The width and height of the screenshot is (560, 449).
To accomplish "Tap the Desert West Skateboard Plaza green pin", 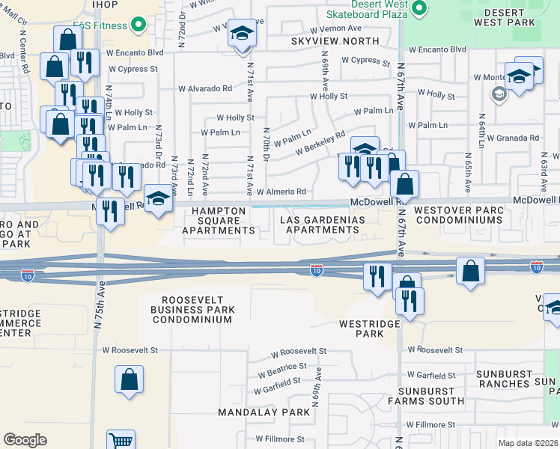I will coord(420,8).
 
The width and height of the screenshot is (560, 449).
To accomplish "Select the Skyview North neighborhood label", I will coord(335,41).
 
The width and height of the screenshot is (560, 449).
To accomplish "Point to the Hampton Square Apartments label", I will coord(219,221).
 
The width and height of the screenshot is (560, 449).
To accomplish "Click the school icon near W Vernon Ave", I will coord(242,34).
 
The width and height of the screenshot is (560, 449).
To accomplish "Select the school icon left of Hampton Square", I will coord(157,198).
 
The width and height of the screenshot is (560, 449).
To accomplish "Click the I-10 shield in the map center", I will coord(317,269).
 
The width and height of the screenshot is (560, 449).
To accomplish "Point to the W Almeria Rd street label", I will coord(281,192).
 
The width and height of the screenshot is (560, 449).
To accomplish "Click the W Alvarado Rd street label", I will coord(205,88).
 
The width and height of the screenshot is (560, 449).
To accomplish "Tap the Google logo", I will coord(25,440).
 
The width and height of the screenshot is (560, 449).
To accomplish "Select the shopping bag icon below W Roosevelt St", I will coord(129,379).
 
